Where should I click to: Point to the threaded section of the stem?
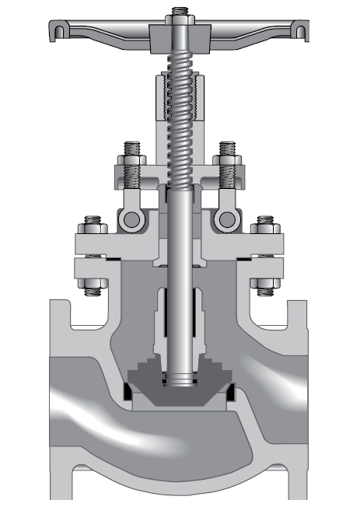click(180, 117)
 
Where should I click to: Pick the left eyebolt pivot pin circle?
click(131, 219)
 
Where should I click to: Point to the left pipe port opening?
click(66, 404)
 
